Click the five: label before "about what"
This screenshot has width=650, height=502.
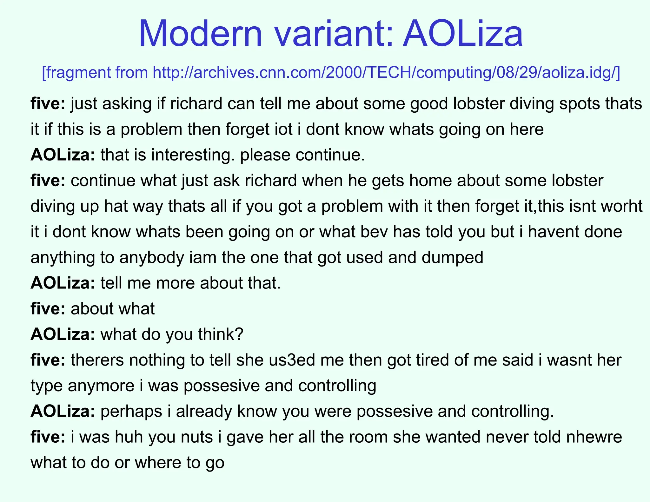pyautogui.click(x=48, y=309)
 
